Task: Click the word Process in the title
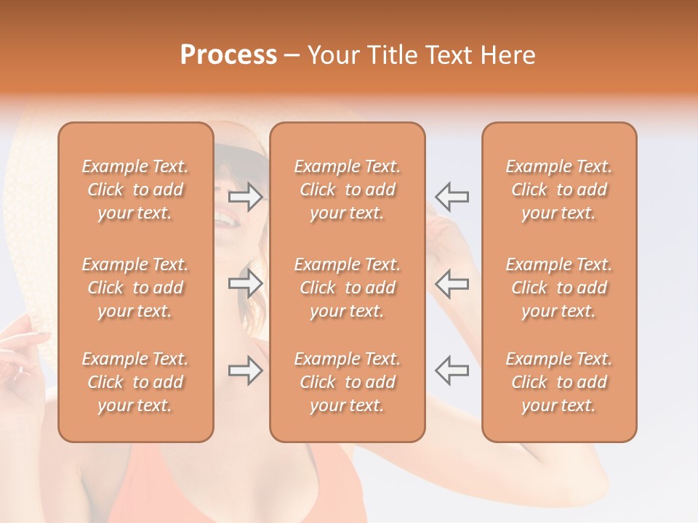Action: (x=228, y=55)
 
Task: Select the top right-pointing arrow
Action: (x=246, y=197)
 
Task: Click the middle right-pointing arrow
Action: (x=246, y=283)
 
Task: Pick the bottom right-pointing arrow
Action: (x=246, y=370)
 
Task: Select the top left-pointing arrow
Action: (x=452, y=197)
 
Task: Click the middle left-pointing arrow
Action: (x=452, y=283)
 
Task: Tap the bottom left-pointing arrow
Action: (x=452, y=370)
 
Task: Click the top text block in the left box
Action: (x=135, y=190)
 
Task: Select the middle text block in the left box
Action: (x=135, y=288)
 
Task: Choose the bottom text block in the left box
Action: (x=135, y=382)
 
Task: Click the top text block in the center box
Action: (x=347, y=190)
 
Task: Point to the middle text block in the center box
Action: (x=347, y=288)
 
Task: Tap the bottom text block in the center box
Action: (x=347, y=382)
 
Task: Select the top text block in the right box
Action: (x=558, y=190)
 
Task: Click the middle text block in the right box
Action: (x=558, y=288)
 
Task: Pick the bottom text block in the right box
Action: (x=558, y=382)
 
